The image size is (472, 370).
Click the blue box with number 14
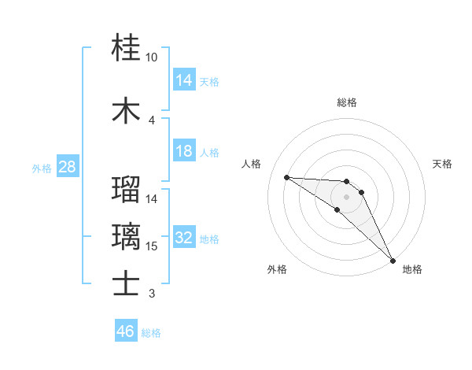[184, 80]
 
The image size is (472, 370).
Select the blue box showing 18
[184, 151]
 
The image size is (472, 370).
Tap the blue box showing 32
[184, 239]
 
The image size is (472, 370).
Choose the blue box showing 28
[67, 168]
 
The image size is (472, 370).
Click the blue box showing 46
[126, 331]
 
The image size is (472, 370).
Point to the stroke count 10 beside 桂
[152, 58]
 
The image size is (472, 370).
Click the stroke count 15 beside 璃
[152, 246]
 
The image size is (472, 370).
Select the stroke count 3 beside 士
[152, 294]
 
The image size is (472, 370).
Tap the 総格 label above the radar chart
[347, 102]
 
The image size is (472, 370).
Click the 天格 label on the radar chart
[443, 164]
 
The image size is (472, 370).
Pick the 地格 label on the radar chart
[412, 269]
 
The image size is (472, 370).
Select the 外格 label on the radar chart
[277, 269]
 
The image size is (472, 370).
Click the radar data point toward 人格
[286, 177]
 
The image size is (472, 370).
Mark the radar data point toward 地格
[393, 259]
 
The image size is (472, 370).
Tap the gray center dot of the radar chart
[347, 196]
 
